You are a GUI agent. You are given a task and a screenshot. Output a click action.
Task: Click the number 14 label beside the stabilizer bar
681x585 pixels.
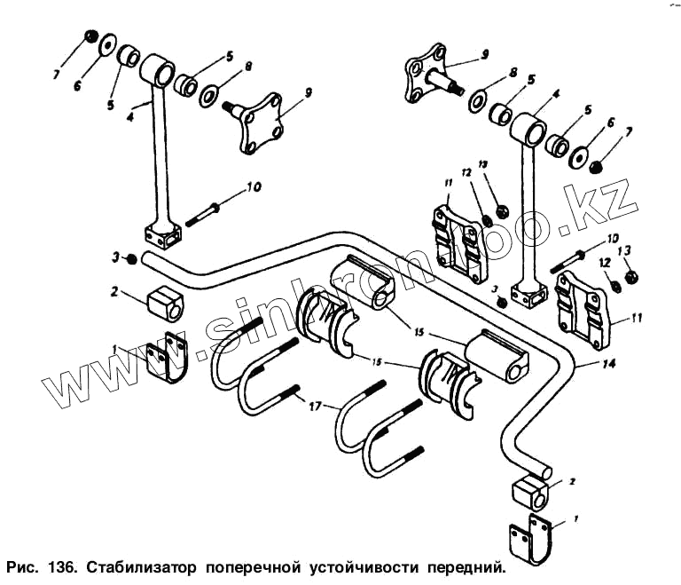(x=581, y=363)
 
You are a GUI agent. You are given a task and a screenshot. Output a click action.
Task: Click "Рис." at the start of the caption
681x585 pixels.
(x=21, y=565)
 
